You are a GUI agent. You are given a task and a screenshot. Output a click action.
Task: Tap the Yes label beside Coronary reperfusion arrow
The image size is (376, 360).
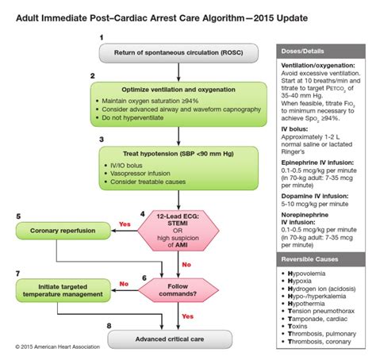(125, 223)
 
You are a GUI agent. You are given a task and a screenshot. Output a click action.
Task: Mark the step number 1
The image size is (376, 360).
(101, 37)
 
